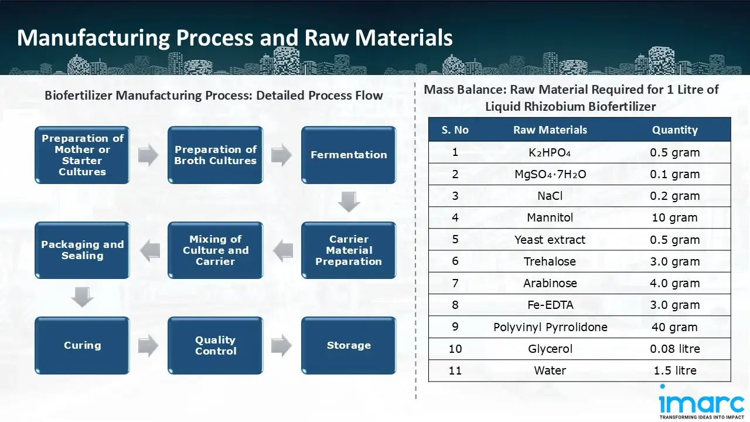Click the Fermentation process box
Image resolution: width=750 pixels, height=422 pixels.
(349, 155)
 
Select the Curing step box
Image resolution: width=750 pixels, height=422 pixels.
(82, 345)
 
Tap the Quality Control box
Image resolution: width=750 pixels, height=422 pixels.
(215, 345)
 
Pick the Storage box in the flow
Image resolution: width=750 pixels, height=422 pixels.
(349, 345)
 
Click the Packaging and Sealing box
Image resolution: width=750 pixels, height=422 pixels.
(82, 250)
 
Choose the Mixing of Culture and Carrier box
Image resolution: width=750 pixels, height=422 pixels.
(215, 250)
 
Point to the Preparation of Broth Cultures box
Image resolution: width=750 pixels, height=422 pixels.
(215, 155)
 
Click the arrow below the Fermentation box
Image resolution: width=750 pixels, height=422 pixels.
(349, 202)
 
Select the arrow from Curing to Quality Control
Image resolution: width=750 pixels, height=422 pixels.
(148, 345)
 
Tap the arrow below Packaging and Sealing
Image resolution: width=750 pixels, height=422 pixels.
(82, 298)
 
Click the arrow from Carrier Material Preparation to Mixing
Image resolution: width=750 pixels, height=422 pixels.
(282, 250)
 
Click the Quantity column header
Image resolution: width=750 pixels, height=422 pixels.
(674, 130)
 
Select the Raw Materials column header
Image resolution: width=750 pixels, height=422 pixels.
(550, 130)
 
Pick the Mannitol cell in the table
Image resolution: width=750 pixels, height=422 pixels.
(550, 218)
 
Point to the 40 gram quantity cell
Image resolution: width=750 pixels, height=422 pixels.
(674, 327)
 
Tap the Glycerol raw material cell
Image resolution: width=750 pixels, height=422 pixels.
(550, 349)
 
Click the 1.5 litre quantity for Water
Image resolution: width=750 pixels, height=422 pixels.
(674, 370)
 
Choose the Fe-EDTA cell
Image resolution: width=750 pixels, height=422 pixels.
(550, 305)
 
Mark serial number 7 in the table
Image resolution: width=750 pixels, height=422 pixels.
(455, 283)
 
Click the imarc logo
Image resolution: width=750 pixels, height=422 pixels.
(701, 404)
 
